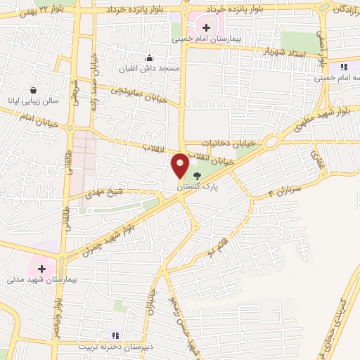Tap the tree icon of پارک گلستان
click(x=197, y=176)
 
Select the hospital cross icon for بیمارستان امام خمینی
click(x=206, y=27)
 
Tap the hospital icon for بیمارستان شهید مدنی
click(x=41, y=269)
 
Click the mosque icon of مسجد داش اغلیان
click(x=148, y=58)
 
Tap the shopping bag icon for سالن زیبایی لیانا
click(x=34, y=90)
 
